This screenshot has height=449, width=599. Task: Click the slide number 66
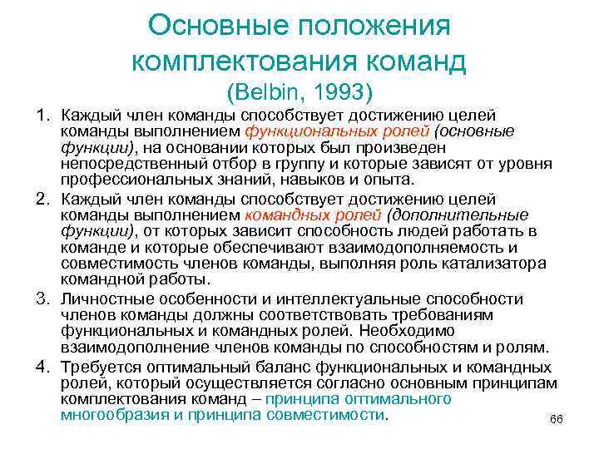pos(557,420)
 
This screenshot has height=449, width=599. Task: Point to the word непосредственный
pos(134,165)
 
